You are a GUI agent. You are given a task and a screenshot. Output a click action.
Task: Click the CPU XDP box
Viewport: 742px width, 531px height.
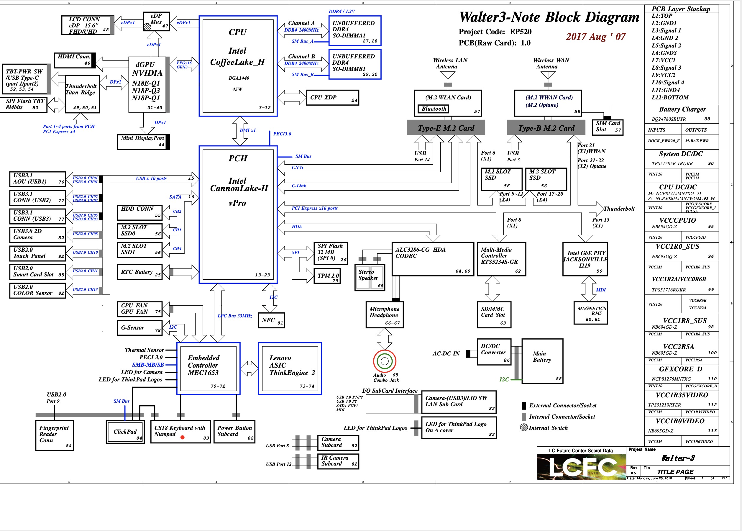pos(332,98)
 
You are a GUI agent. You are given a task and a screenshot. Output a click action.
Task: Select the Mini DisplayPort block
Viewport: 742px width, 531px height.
pos(143,142)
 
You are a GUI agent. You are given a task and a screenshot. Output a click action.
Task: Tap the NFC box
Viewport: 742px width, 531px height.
pos(271,320)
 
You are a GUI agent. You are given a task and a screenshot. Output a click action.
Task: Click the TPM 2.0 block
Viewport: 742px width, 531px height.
pos(327,276)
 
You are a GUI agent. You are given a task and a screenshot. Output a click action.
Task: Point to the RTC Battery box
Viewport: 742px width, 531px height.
pos(139,272)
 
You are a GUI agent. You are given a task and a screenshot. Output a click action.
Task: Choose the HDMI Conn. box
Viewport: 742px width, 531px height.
pos(74,60)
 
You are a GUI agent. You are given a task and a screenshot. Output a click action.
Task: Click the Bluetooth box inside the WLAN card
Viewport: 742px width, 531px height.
pos(434,109)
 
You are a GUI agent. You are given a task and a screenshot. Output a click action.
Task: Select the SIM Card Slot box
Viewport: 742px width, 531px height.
pos(608,127)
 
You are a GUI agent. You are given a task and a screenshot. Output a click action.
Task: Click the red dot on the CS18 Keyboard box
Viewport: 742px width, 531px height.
pos(182,437)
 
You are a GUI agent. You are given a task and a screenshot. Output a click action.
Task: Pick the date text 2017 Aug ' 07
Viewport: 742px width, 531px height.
pos(595,37)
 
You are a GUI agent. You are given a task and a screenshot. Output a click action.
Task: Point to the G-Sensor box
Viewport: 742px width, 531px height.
pos(139,328)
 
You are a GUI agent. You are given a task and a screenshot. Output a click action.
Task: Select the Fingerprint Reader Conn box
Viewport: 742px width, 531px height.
pos(55,435)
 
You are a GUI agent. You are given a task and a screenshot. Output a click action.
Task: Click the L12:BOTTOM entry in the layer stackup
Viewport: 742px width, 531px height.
pos(670,97)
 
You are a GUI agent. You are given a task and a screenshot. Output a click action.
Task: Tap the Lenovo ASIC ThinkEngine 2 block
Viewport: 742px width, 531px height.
pos(290,369)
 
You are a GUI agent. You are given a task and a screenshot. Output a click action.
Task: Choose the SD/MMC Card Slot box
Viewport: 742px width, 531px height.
pos(494,314)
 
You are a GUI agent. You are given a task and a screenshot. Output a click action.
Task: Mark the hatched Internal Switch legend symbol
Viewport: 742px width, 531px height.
pos(524,428)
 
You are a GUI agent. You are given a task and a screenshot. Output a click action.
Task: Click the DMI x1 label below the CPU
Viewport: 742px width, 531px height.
pos(247,130)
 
